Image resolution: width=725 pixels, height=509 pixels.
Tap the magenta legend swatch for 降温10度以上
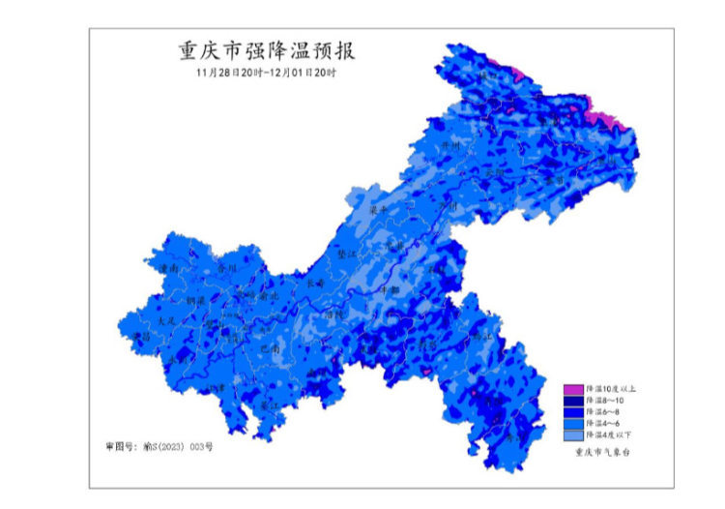pyautogui.click(x=573, y=389)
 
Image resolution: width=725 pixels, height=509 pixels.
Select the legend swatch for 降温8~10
pyautogui.click(x=573, y=400)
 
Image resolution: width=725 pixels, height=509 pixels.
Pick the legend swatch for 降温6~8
pyautogui.click(x=573, y=410)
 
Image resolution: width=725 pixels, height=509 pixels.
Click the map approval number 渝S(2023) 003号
pyautogui.click(x=159, y=447)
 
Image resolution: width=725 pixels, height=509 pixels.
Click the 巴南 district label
pyautogui.click(x=270, y=347)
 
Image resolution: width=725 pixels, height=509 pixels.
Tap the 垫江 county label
pyautogui.click(x=346, y=254)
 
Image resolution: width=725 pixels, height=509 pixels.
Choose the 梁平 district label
pyautogui.click(x=380, y=209)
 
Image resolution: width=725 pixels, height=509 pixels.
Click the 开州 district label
pyautogui.click(x=449, y=145)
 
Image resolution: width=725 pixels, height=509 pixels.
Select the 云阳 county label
pyautogui.click(x=495, y=172)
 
